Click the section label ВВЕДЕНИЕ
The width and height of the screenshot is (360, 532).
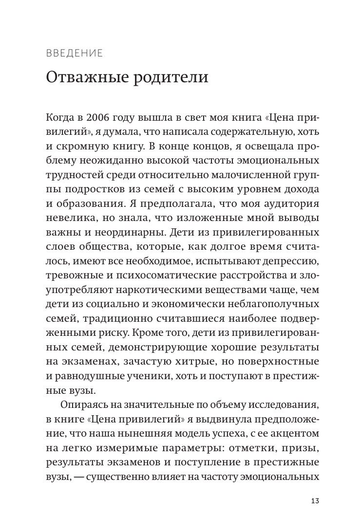(x=75, y=53)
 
